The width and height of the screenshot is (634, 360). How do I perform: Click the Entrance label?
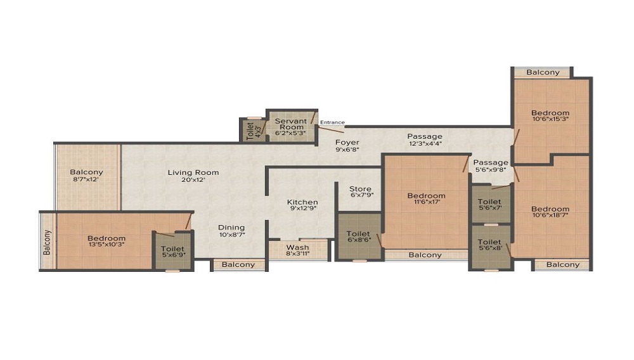click(332, 122)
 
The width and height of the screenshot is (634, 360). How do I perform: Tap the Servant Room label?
click(291, 127)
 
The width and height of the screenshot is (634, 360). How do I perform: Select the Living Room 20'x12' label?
click(193, 176)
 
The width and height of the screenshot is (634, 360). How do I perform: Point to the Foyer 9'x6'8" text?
click(347, 145)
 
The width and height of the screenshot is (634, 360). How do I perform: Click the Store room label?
click(360, 191)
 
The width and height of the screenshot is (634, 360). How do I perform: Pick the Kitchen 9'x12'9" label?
click(302, 205)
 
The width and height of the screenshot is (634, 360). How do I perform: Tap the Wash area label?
click(297, 250)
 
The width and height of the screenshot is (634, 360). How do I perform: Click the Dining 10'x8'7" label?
click(231, 231)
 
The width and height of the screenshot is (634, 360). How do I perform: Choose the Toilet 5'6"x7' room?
click(489, 205)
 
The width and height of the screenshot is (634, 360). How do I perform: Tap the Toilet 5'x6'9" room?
click(172, 252)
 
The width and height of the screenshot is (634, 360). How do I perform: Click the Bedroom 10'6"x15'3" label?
click(550, 115)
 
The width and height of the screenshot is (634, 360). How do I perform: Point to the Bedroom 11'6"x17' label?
click(426, 198)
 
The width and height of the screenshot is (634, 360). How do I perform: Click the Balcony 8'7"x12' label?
click(86, 176)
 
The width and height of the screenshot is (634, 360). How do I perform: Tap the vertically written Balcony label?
click(48, 242)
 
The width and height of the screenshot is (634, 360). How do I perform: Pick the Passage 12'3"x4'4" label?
click(425, 139)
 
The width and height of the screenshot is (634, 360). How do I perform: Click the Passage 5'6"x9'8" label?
click(491, 165)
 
